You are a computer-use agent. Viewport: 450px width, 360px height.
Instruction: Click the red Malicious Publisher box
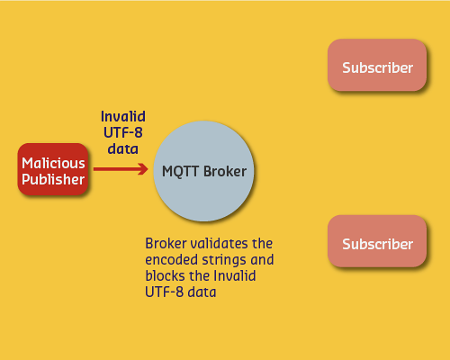point(53,171)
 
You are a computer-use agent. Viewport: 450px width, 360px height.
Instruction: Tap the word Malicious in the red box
point(53,163)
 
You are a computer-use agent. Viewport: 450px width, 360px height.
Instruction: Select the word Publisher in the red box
point(53,180)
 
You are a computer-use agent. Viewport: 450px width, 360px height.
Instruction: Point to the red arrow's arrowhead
point(142,169)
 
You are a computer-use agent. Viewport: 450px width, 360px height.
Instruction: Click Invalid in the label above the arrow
point(123,117)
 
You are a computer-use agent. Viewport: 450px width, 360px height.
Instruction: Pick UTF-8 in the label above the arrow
point(123,132)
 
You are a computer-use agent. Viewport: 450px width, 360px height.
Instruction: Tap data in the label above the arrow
point(123,148)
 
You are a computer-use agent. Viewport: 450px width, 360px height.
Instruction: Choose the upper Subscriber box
point(377,67)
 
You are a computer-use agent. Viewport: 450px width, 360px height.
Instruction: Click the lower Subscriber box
point(377,244)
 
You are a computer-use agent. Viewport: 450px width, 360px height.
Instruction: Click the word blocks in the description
point(166,276)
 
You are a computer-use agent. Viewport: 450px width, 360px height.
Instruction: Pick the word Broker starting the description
point(166,244)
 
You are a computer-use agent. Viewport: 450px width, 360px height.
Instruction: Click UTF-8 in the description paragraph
point(165,292)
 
